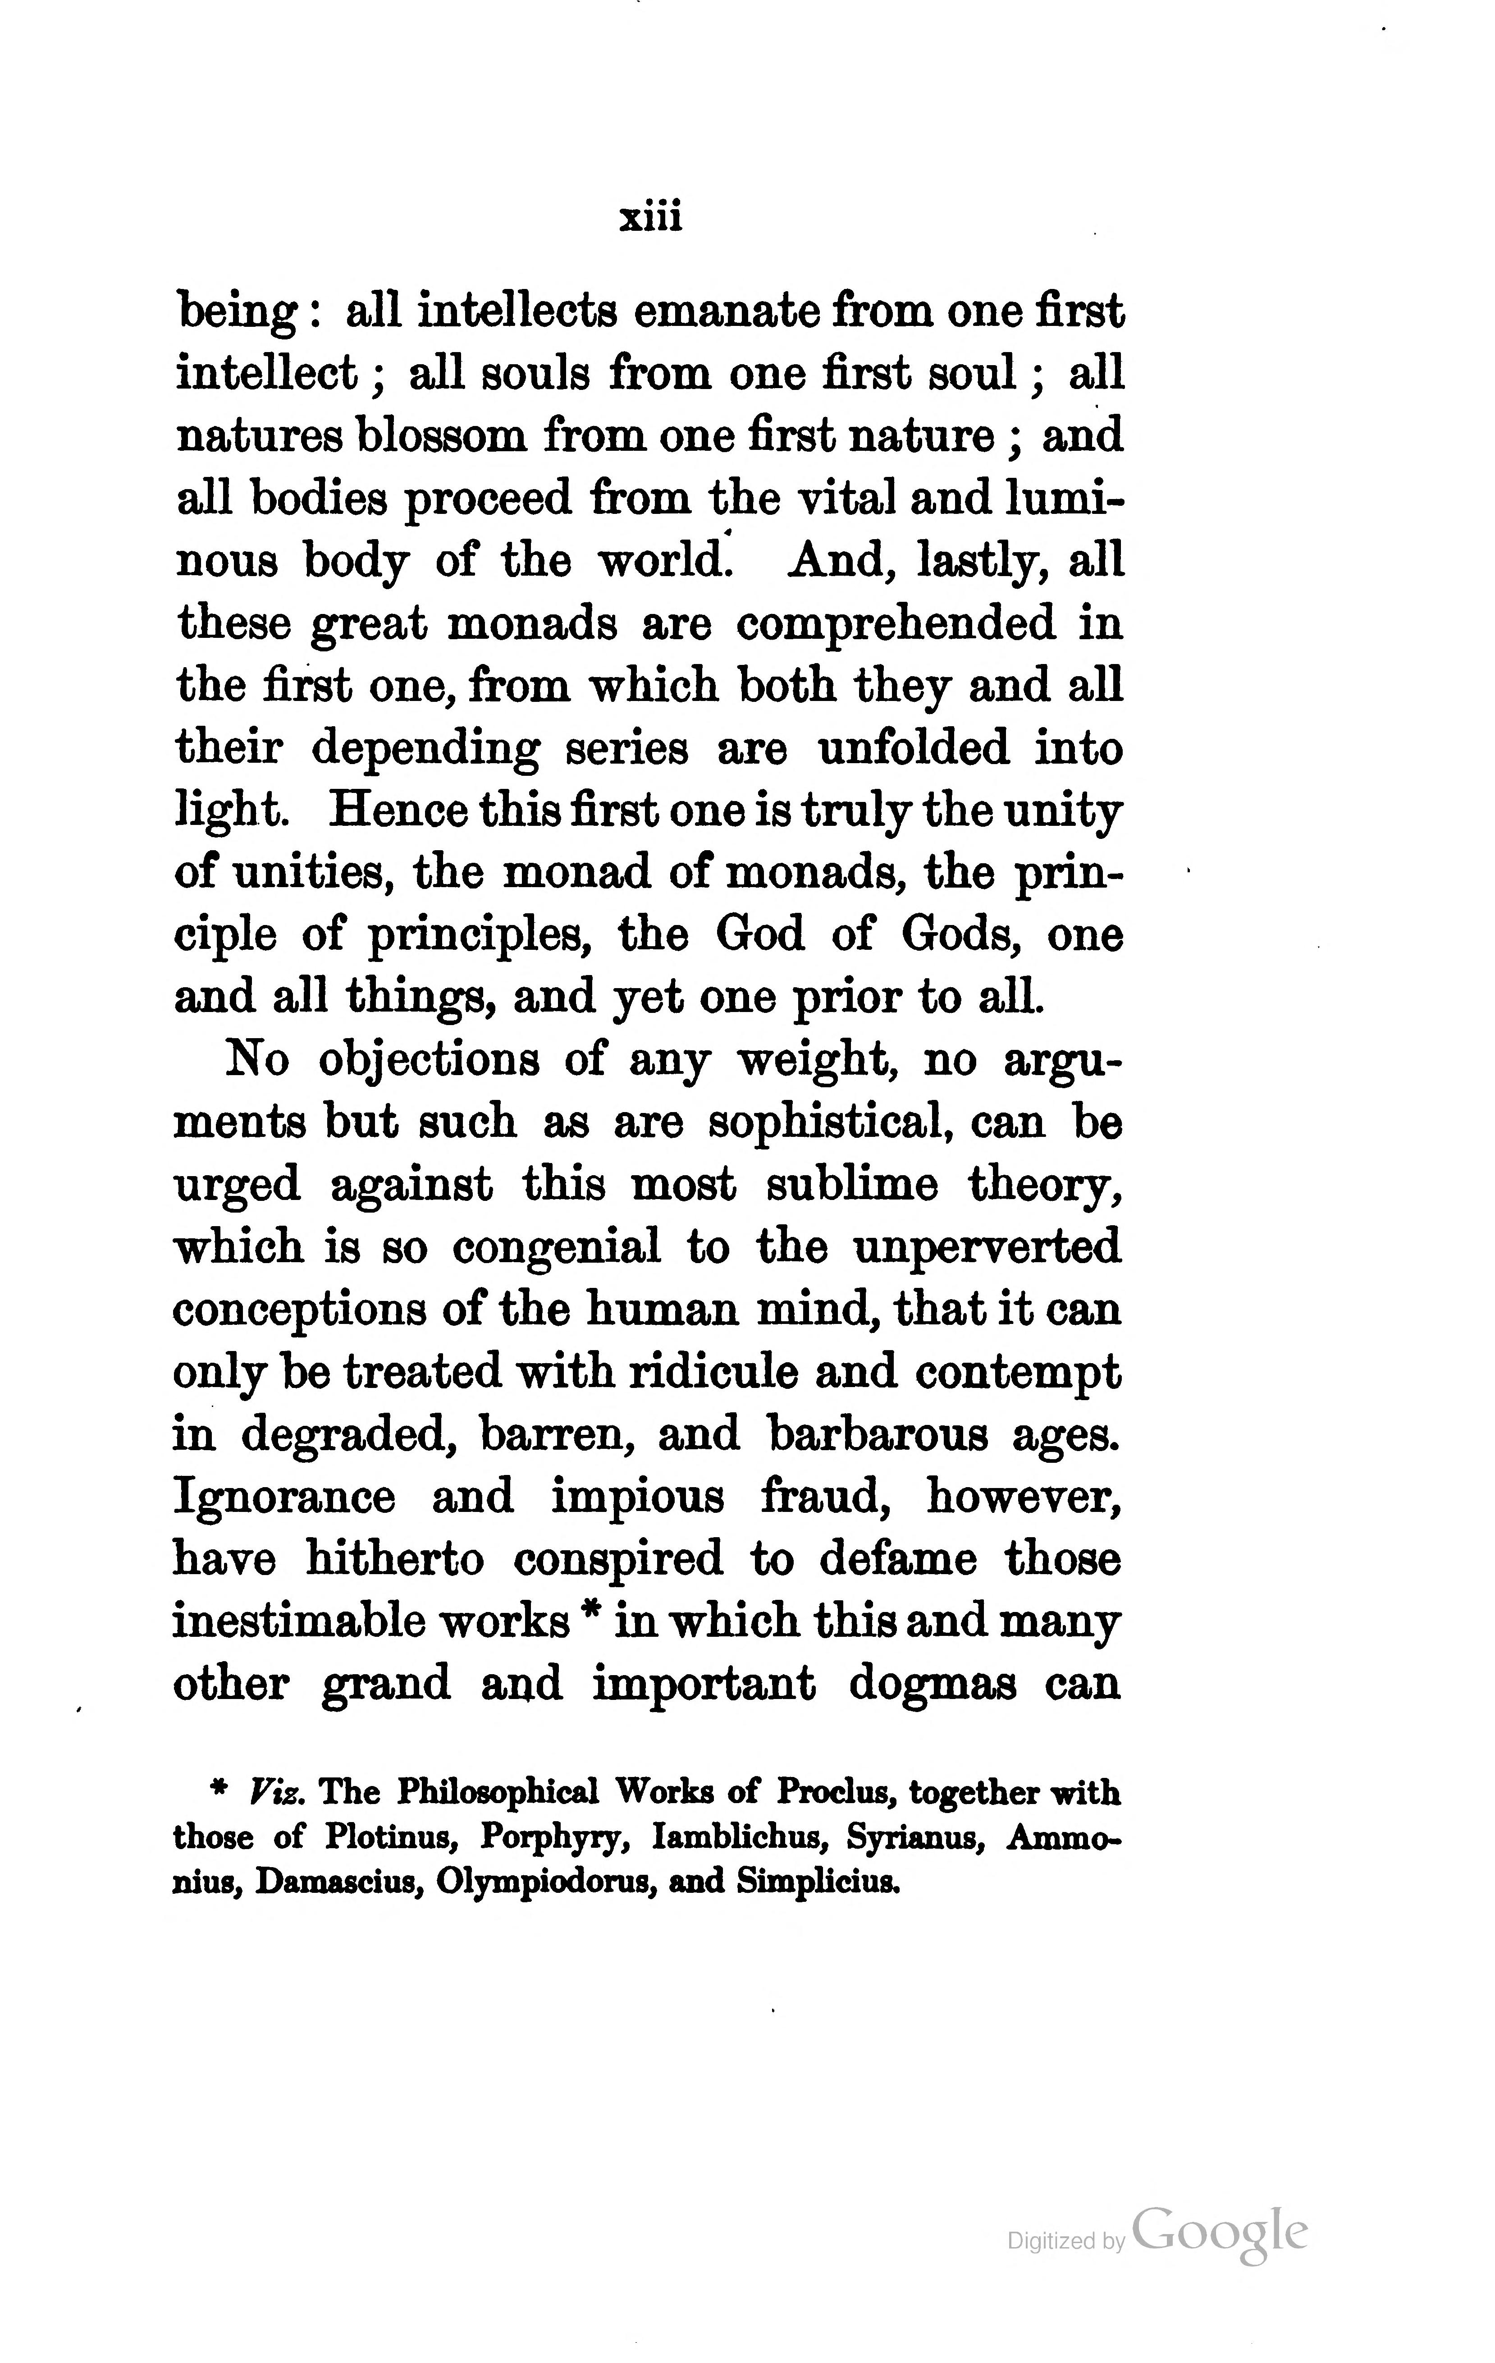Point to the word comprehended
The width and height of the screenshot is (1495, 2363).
[x=896, y=623]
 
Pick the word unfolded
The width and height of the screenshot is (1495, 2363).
[x=912, y=749]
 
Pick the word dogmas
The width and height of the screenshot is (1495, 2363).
[x=932, y=1684]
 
